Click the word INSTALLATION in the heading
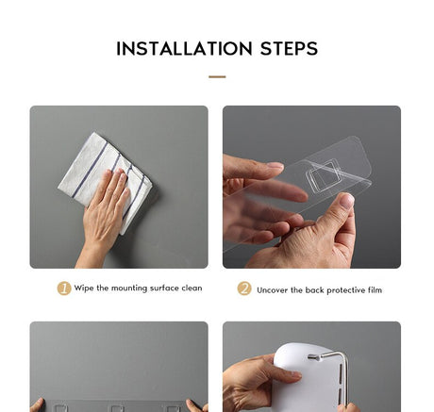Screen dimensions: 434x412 point(184,49)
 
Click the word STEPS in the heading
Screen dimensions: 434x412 point(289,49)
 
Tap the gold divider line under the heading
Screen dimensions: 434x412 point(217,76)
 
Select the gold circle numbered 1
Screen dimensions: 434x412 point(64,288)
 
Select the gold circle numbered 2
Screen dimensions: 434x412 point(244,288)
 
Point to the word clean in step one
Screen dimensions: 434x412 point(192,288)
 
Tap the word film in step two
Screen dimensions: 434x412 point(375,289)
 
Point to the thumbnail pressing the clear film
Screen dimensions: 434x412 point(347,201)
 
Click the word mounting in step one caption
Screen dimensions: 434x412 point(129,288)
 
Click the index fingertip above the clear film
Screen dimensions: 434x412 point(275,166)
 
